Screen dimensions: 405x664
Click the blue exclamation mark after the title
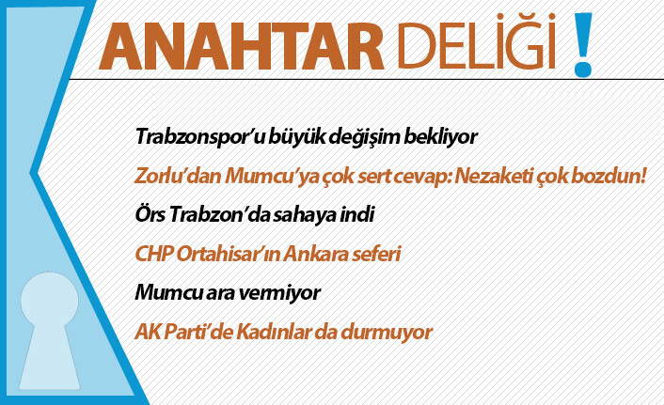click(584, 43)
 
